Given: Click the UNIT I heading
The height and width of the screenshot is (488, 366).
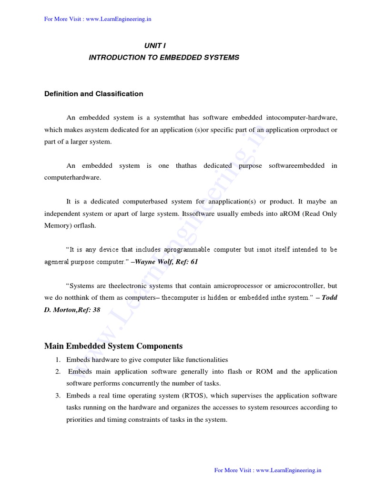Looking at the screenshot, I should [155, 46].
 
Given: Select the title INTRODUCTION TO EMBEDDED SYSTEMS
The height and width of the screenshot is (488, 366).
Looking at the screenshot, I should [164, 58].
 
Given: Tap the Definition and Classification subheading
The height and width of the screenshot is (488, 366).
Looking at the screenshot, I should [93, 94].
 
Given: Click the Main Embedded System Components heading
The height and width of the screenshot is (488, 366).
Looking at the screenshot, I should [113, 346].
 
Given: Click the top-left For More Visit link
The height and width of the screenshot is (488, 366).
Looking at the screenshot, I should [98, 19].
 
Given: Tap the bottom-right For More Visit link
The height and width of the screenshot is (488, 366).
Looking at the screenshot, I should [268, 470].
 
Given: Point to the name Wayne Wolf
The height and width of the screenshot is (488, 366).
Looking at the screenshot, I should [153, 262].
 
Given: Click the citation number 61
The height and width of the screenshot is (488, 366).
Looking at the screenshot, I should [193, 262].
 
